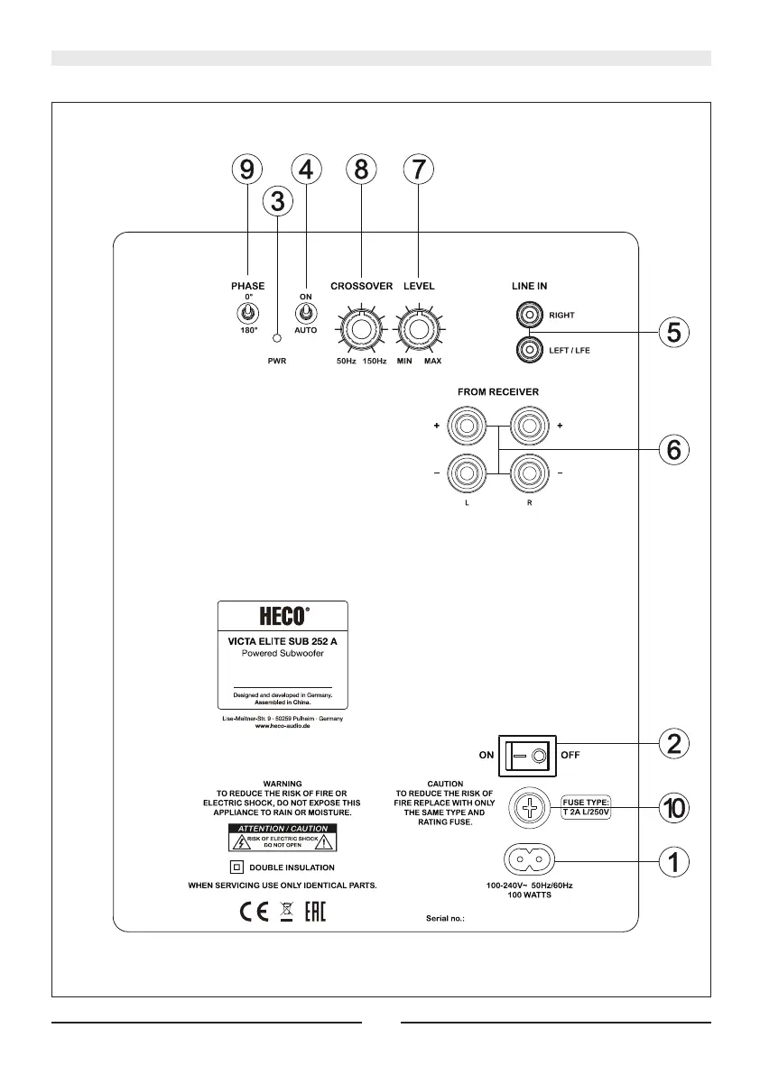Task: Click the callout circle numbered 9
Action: tap(246, 169)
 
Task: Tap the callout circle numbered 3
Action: tap(278, 201)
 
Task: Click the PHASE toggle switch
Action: tap(245, 313)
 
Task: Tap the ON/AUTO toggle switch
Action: tap(306, 313)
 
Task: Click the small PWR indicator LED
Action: tap(278, 338)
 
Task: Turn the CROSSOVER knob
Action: tap(361, 329)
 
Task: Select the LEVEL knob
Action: tap(419, 329)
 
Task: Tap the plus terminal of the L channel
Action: tap(468, 425)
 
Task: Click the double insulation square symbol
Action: tap(236, 867)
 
